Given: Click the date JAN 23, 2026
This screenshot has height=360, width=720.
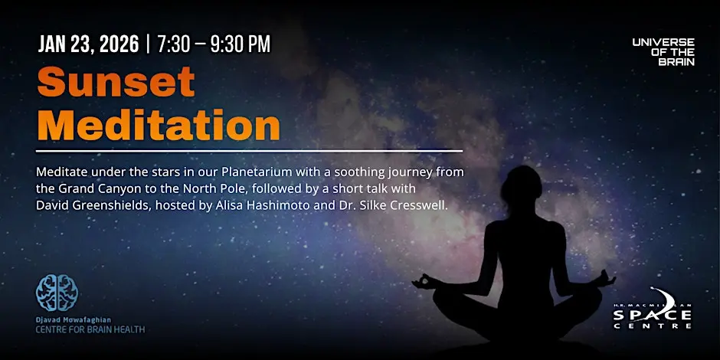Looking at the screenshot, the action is click(88, 44).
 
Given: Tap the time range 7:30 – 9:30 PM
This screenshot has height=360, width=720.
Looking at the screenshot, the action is click(214, 44).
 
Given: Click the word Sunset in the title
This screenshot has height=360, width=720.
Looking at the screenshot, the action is click(116, 82).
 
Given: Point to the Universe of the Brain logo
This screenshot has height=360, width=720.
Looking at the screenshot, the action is click(663, 52).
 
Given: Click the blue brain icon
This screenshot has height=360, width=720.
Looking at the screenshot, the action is click(57, 293).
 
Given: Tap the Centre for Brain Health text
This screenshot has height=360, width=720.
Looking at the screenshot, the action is click(90, 329).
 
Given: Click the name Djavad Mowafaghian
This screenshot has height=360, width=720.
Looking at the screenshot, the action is click(74, 319).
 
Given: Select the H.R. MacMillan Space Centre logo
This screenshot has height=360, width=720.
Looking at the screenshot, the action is click(652, 308).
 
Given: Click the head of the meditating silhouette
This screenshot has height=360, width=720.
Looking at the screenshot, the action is click(522, 186).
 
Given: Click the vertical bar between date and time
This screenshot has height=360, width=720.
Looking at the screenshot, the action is click(148, 44).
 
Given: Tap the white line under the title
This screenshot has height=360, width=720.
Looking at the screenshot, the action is click(249, 151).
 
